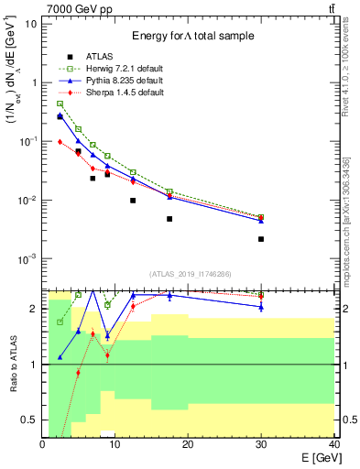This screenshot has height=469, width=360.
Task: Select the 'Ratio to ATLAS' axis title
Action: click(13, 365)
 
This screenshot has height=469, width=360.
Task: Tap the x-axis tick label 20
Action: click(188, 444)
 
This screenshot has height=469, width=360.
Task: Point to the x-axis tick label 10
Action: click(115, 444)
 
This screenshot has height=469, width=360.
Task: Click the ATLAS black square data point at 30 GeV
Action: click(261, 239)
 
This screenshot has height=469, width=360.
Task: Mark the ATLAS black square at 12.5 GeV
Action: click(133, 201)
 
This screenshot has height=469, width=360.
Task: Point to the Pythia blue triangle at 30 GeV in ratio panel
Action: click(261, 307)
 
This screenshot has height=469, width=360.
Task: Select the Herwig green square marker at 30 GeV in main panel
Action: click(261, 217)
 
